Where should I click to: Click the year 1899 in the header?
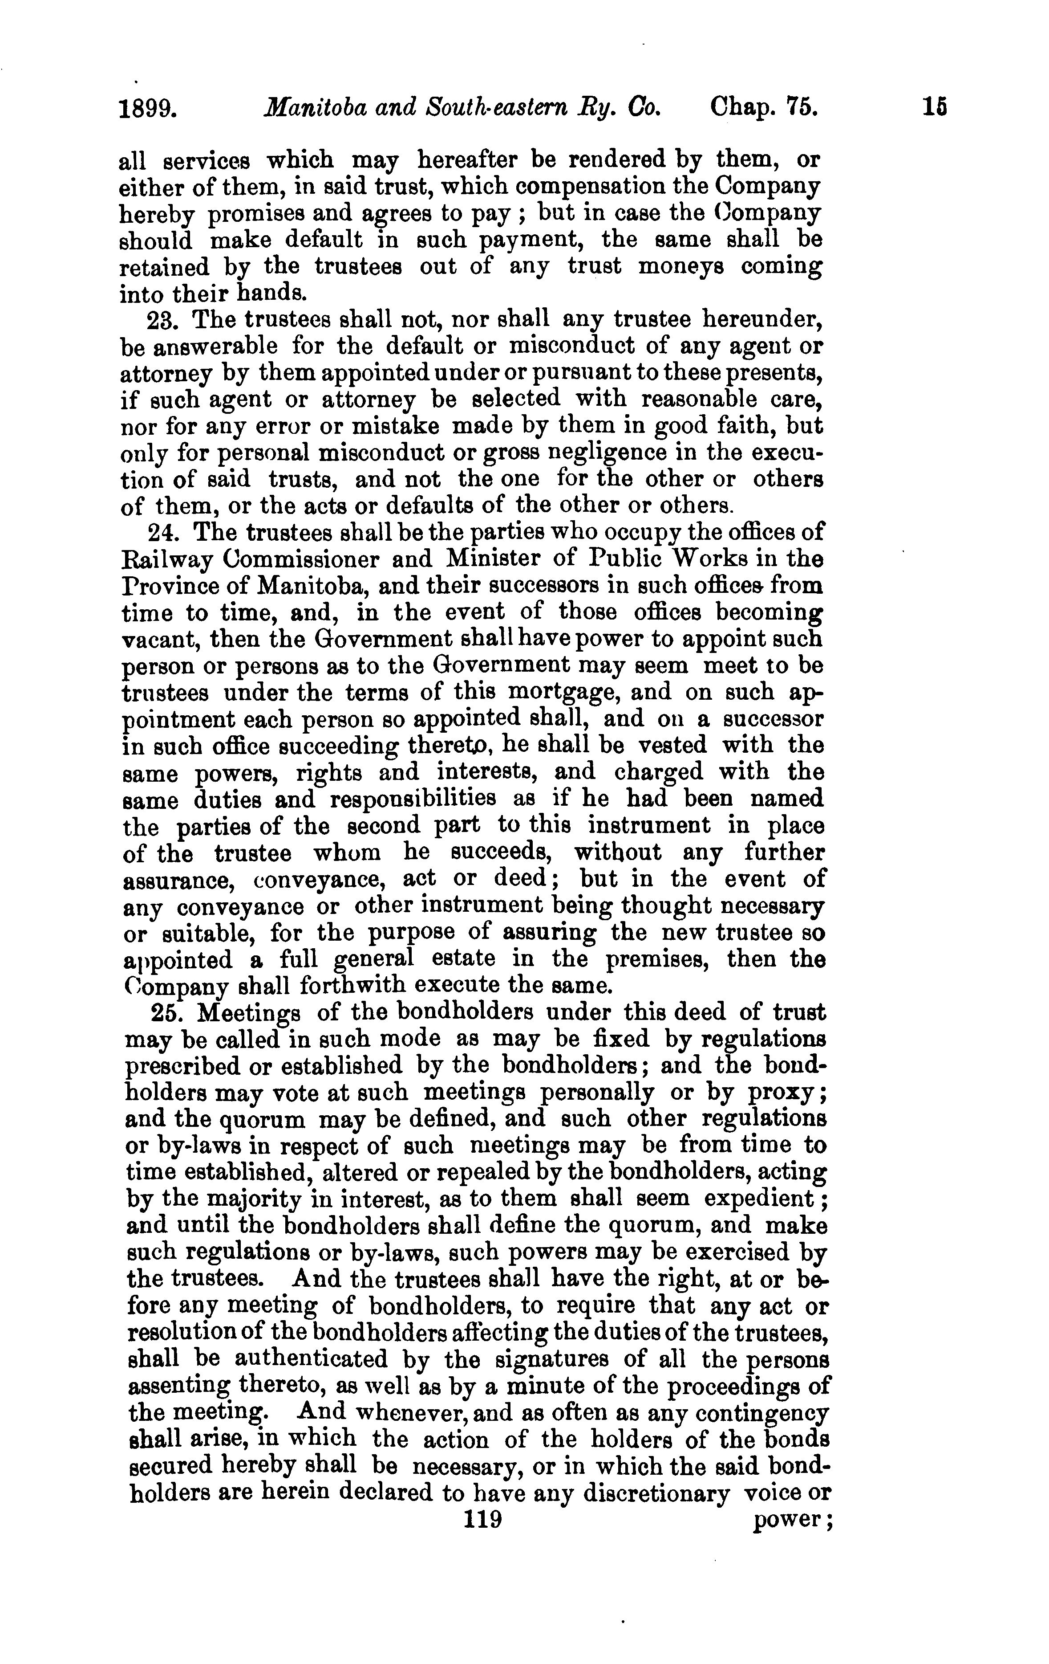point(149,109)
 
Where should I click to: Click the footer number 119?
point(483,1520)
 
